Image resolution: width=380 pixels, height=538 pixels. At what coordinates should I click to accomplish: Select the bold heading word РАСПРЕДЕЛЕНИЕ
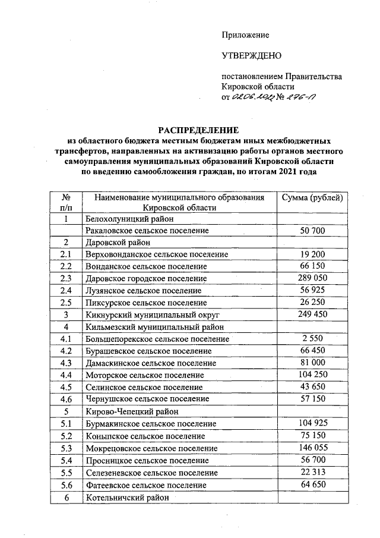(x=197, y=129)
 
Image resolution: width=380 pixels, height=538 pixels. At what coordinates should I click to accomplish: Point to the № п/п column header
(x=66, y=202)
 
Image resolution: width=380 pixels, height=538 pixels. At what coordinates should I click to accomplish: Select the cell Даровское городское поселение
(x=146, y=278)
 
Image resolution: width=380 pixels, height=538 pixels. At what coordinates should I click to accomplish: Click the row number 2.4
(x=66, y=290)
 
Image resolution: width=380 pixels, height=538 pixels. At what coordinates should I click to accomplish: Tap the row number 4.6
(x=66, y=399)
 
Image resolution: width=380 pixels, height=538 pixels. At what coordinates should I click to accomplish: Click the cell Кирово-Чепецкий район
(x=132, y=411)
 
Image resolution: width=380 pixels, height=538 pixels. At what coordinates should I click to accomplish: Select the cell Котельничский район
(x=128, y=497)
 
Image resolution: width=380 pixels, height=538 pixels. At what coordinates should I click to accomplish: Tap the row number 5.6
(x=66, y=484)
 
